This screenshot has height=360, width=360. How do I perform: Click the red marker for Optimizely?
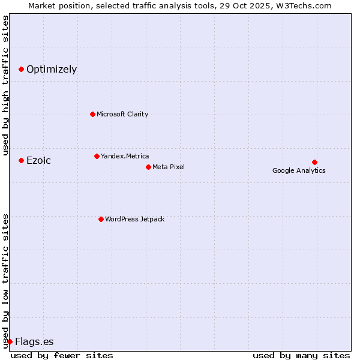pos(21,70)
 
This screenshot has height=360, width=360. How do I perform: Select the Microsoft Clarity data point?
pos(92,114)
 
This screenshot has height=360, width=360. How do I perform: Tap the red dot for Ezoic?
pos(21,160)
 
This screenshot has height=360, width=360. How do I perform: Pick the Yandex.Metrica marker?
pos(97,156)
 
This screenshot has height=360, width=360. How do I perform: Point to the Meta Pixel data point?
pos(148,167)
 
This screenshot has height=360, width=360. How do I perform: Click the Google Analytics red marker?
pos(314,162)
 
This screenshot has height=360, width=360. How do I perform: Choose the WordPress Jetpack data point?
pos(101,219)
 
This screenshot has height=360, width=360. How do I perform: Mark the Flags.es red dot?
pos(10,341)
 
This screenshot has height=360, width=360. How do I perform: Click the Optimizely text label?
pos(52,70)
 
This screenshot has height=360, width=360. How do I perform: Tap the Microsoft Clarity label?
pos(122,114)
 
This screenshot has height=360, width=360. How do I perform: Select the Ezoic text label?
pos(38,160)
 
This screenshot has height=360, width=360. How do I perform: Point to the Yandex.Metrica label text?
pos(125,156)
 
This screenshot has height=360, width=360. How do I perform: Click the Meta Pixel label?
pos(169,167)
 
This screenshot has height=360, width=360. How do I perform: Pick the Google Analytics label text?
pos(299,170)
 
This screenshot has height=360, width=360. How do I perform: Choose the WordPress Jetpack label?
pos(134,219)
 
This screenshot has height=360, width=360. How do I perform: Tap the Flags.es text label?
pos(34,342)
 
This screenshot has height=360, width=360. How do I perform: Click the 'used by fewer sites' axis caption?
pos(62,355)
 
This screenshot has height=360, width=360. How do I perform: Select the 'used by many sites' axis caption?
pos(301,355)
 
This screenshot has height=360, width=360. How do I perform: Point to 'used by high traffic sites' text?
pos(5,85)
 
